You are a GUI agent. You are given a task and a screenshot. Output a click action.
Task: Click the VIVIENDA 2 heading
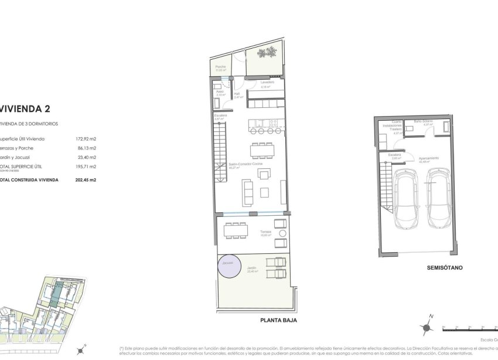click(23, 108)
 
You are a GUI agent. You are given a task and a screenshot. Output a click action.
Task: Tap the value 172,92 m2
click(86, 139)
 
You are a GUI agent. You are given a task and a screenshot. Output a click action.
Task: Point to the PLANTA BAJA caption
click(278, 320)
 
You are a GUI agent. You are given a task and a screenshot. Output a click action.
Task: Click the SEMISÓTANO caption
click(445, 267)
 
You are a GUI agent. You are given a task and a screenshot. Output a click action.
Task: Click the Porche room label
click(221, 67)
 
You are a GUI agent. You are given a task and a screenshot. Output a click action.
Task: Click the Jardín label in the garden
click(253, 269)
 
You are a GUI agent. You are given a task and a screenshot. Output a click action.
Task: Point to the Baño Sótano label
click(423, 121)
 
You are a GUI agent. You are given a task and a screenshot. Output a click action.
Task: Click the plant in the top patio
click(268, 53)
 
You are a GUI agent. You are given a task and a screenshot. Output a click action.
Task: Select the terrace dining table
click(236, 230)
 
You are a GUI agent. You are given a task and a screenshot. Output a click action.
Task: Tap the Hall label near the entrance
click(237, 93)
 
